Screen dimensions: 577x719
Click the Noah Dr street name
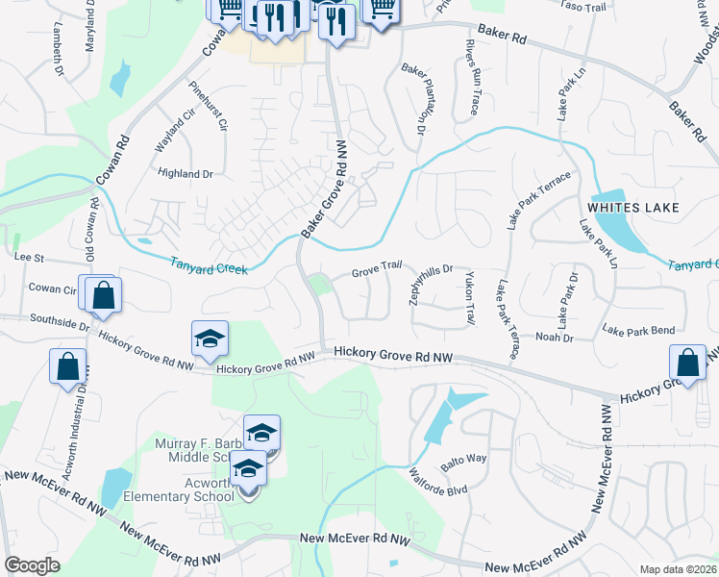pyautogui.click(x=554, y=337)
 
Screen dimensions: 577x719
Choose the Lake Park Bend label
pyautogui.click(x=638, y=331)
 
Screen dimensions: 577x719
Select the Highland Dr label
pyautogui.click(x=185, y=174)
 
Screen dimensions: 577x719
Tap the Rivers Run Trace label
pyautogui.click(x=470, y=78)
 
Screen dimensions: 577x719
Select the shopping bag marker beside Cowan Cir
pyautogui.click(x=103, y=295)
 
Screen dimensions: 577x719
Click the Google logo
pyautogui.click(x=33, y=565)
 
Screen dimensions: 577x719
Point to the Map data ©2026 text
pyautogui.click(x=678, y=569)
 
